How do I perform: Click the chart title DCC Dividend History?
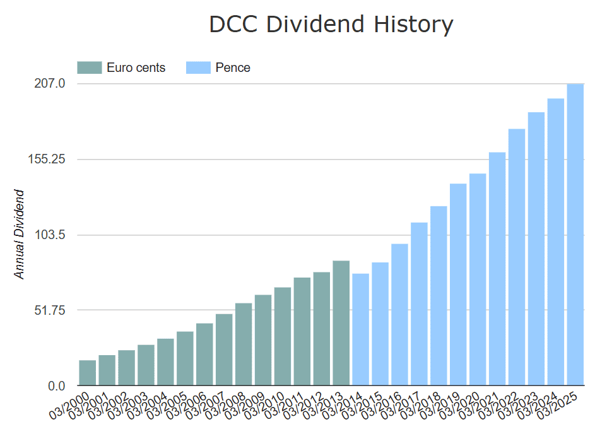click(331, 25)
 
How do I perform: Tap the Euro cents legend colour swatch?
click(89, 67)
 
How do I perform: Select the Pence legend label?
click(233, 67)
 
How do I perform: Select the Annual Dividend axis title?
click(20, 234)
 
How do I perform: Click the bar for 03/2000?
click(88, 373)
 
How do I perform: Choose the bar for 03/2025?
click(575, 235)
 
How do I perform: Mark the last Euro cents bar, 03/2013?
click(341, 323)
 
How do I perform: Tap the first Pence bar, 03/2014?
click(360, 329)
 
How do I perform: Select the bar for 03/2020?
click(478, 279)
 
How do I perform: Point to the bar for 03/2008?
click(244, 344)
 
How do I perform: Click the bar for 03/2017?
click(419, 304)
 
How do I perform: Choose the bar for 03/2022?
click(517, 257)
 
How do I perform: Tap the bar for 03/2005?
click(185, 358)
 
